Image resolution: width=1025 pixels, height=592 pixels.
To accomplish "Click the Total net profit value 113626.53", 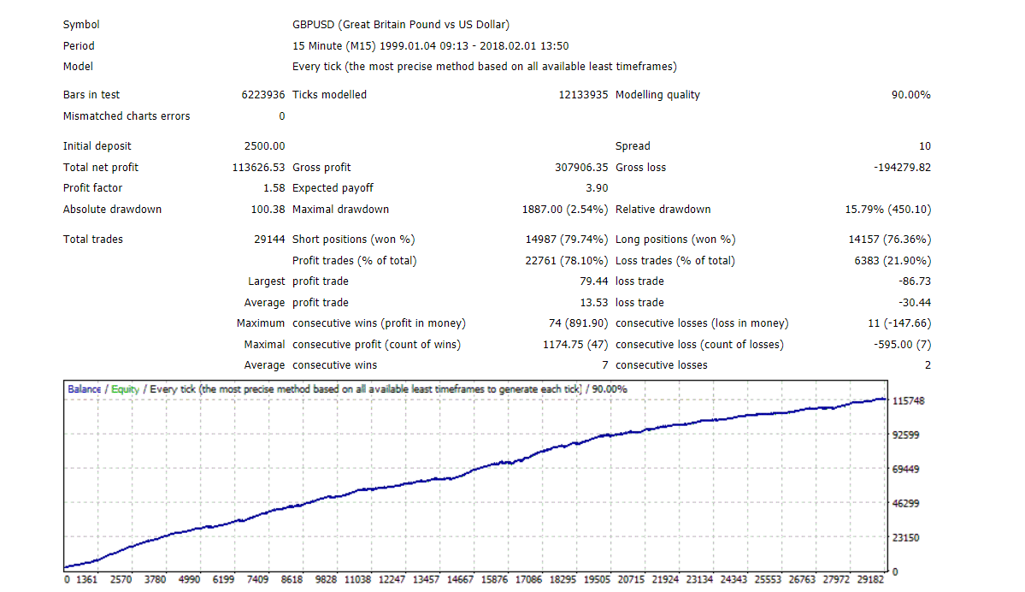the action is click(x=258, y=168).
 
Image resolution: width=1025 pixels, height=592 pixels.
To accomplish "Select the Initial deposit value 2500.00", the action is click(x=264, y=146).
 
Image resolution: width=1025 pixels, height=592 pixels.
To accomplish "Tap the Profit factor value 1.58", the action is click(x=274, y=188).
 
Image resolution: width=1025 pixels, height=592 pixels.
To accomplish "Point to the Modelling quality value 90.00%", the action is click(x=910, y=95).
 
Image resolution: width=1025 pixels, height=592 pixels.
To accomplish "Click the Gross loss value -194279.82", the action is click(x=902, y=168).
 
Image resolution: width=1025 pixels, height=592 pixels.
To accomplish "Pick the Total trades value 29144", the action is click(x=269, y=240).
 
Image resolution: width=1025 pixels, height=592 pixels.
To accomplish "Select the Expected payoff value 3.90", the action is click(x=597, y=188).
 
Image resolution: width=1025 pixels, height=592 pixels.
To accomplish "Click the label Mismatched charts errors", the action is click(x=127, y=116).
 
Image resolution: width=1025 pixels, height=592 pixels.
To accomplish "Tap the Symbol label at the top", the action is click(x=81, y=25).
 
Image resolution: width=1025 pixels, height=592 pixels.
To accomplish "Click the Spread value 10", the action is click(x=924, y=146).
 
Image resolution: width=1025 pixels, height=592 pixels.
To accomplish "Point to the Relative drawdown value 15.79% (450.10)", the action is click(x=887, y=210).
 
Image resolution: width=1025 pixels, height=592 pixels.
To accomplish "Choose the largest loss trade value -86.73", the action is click(x=915, y=281).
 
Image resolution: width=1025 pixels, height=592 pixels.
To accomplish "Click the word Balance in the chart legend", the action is click(x=85, y=389).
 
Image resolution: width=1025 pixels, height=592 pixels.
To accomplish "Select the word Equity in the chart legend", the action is click(x=125, y=389).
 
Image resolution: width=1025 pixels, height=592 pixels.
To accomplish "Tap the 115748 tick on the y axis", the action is click(x=908, y=401).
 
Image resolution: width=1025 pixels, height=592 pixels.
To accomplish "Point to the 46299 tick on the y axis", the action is click(x=905, y=504).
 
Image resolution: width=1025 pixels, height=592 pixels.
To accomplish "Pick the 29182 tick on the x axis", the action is click(x=870, y=579).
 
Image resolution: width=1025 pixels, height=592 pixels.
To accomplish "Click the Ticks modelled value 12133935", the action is click(x=583, y=95).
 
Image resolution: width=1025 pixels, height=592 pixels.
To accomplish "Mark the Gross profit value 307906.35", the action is click(x=581, y=168).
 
